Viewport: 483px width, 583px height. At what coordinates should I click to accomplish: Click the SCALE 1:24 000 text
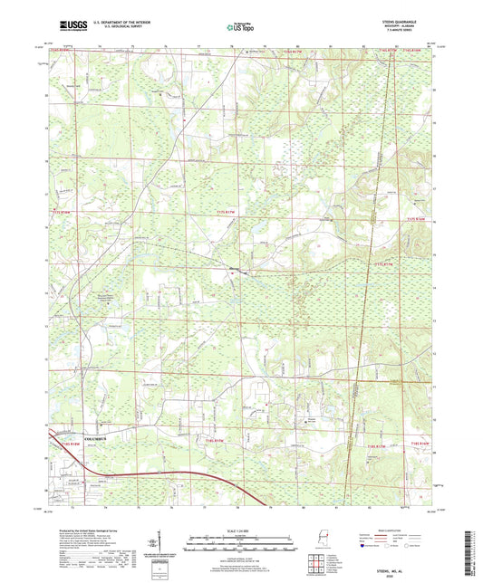click(240, 530)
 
